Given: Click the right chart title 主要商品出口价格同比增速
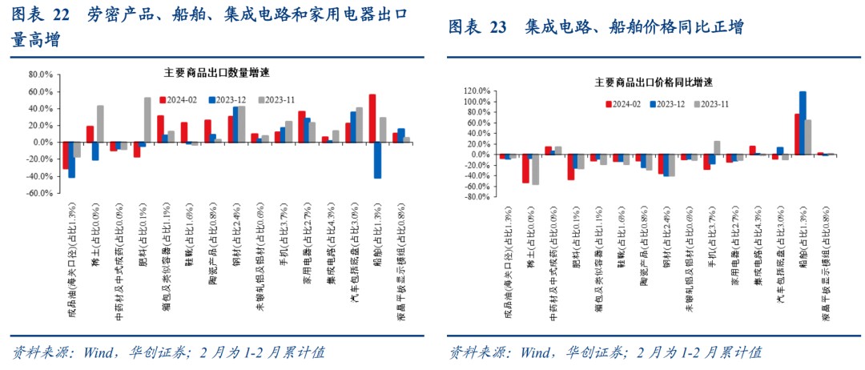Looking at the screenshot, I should tap(654, 82).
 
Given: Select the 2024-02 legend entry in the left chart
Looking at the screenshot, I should tap(180, 99).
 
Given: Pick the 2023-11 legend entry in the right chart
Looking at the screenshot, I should tap(710, 103).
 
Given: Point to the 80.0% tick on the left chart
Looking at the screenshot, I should tap(40, 74).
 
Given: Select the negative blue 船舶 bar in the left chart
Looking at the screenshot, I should tap(377, 159).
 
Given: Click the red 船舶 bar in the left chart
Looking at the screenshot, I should tap(372, 118).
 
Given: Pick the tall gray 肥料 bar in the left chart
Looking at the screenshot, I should tap(147, 119).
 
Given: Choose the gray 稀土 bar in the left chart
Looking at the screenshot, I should tap(100, 123).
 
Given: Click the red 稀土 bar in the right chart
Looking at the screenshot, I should tap(525, 168).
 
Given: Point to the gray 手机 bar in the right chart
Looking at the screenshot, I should tap(717, 147).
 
